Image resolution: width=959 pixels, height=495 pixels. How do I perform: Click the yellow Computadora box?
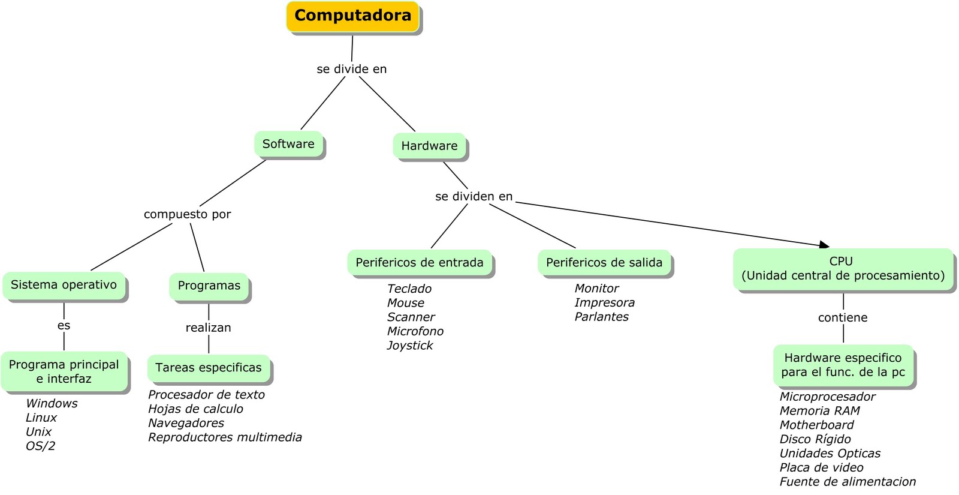click(x=352, y=17)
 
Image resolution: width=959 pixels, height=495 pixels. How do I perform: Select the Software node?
click(x=288, y=144)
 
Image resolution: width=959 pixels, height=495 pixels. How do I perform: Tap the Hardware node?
click(x=429, y=146)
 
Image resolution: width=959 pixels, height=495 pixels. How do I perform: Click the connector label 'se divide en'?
click(x=352, y=69)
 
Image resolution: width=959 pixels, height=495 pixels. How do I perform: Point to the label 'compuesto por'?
click(x=187, y=214)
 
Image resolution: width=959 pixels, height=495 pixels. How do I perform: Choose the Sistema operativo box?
click(x=64, y=285)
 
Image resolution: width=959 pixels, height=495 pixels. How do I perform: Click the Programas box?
click(x=209, y=286)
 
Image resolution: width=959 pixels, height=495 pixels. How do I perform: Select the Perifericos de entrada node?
click(x=420, y=263)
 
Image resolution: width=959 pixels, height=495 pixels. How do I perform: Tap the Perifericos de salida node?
click(x=604, y=263)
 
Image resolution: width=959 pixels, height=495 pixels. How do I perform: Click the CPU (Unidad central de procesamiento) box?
click(x=842, y=269)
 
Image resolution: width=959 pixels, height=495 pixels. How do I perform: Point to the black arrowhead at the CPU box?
click(x=825, y=244)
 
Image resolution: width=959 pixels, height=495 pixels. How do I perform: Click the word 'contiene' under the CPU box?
click(x=842, y=318)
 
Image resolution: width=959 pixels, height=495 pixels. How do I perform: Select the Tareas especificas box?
click(x=209, y=368)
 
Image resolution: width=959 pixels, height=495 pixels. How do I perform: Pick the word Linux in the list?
click(x=41, y=418)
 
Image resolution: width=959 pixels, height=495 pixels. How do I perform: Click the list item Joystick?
click(x=410, y=346)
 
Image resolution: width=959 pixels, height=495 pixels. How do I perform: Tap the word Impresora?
click(x=604, y=303)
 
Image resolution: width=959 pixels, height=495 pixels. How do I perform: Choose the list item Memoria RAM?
click(x=819, y=411)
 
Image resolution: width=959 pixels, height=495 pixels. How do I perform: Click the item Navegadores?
click(x=186, y=423)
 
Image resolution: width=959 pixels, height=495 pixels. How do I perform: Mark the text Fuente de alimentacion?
click(x=848, y=482)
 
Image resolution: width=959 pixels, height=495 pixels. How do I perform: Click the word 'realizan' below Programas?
click(x=208, y=328)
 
